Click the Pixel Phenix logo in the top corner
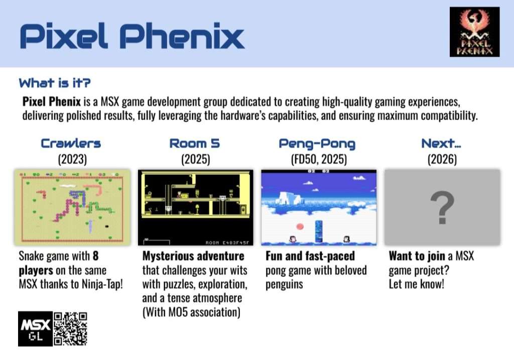[475, 32]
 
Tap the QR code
[70, 329]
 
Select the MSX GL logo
[36, 329]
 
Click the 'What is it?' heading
[55, 83]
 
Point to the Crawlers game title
[71, 144]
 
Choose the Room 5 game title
[195, 144]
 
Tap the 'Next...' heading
[441, 143]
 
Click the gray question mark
[442, 208]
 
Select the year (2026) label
[442, 160]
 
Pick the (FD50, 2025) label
[319, 160]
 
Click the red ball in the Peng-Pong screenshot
[300, 226]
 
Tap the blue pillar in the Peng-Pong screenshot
[319, 231]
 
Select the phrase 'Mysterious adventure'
[193, 256]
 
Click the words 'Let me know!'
[416, 284]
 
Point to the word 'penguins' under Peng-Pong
[284, 285]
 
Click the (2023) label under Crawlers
[72, 160]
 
